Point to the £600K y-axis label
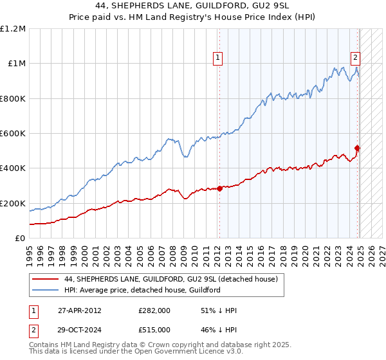click(x=13, y=134)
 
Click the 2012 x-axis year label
click(x=219, y=249)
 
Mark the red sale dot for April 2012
click(x=219, y=188)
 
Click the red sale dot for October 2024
click(x=358, y=148)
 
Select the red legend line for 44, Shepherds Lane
click(x=46, y=279)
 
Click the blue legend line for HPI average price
click(x=46, y=290)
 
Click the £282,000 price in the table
click(x=154, y=310)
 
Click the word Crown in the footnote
click(x=163, y=345)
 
